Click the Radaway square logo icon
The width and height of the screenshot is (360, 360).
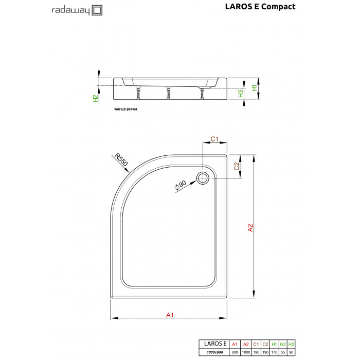(97, 10)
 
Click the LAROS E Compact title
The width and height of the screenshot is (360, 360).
(260, 7)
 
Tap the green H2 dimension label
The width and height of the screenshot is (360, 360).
(96, 98)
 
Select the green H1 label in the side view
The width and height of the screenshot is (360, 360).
(255, 88)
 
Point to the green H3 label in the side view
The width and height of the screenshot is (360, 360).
(240, 94)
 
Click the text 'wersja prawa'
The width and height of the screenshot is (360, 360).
(125, 109)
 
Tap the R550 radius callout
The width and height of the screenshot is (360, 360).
(121, 159)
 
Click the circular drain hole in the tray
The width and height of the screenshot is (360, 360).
(203, 178)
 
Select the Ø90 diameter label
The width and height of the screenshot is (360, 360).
(180, 185)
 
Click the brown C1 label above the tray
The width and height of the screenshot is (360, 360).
(214, 139)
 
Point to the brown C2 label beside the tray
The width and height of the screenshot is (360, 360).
(237, 166)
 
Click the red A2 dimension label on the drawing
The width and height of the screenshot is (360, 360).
(250, 228)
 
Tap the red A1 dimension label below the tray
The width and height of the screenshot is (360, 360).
(170, 315)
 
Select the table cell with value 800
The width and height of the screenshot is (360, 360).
(235, 352)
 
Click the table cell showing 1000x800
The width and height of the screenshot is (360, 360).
(214, 352)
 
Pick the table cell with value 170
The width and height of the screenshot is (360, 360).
(274, 352)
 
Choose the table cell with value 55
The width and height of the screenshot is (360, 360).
(283, 352)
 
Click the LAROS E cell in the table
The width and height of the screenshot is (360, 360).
(214, 344)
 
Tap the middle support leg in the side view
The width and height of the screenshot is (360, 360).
(169, 93)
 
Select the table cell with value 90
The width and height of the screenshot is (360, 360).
(291, 352)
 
